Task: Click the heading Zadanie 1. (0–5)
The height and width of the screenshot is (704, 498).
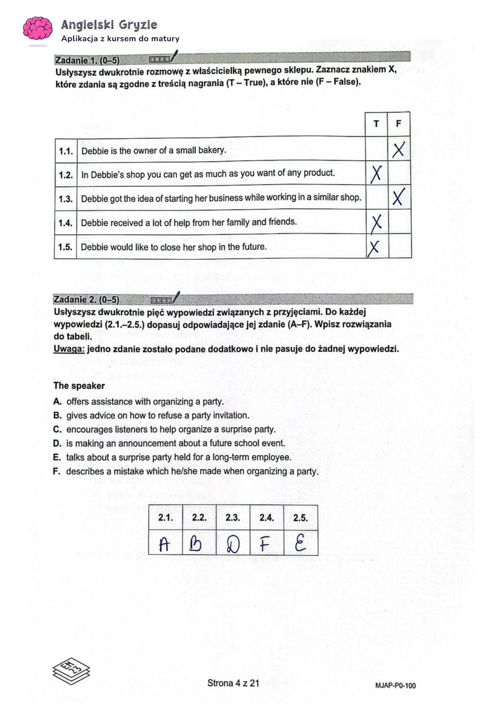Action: [87, 60]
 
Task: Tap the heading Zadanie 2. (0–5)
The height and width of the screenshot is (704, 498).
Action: [86, 300]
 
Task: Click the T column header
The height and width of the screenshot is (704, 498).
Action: [376, 124]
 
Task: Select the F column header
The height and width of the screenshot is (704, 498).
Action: [399, 124]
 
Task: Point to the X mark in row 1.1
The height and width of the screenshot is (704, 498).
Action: [398, 150]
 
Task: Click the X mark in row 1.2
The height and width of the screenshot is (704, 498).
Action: [376, 174]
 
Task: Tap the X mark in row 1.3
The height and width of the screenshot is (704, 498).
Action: [398, 198]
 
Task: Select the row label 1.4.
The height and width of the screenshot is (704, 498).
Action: [65, 223]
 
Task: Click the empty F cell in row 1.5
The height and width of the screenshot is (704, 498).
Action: [400, 246]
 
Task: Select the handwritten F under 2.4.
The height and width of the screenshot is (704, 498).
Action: [266, 544]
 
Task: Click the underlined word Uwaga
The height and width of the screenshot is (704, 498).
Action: [69, 349]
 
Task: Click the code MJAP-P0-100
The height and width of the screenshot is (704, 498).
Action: [396, 686]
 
